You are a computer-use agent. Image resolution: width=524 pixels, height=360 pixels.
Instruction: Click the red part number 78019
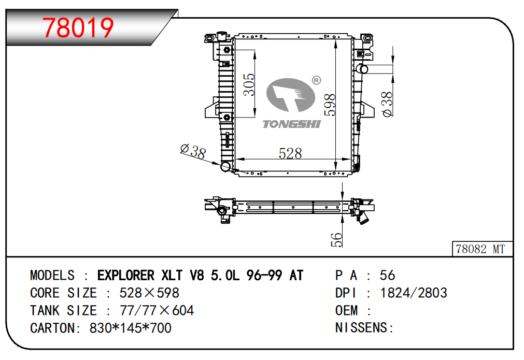tap(78, 28)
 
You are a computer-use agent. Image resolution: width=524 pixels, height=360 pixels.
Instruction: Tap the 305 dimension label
tap(249, 85)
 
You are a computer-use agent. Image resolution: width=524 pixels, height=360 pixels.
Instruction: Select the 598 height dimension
tap(330, 105)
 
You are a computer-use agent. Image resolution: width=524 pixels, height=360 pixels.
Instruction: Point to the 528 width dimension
tap(290, 154)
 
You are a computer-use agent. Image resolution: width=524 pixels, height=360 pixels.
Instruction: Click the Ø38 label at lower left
tap(193, 151)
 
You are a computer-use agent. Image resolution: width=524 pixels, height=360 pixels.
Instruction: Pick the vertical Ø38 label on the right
tap(387, 104)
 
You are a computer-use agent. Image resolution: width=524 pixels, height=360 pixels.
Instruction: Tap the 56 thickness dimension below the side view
tap(336, 240)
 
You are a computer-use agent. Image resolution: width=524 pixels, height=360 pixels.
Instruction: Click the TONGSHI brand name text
tap(291, 124)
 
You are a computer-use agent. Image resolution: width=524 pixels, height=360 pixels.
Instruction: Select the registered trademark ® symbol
tap(316, 80)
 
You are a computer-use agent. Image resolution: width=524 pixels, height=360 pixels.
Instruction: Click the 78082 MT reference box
tap(482, 249)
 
